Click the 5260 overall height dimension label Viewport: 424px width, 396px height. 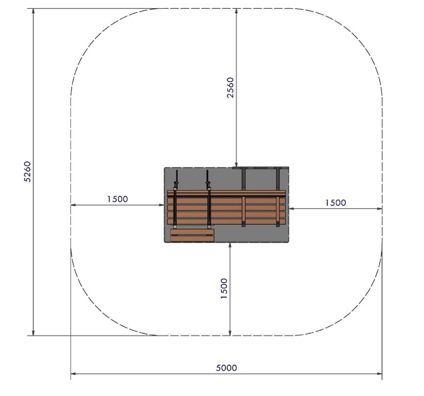click(28, 172)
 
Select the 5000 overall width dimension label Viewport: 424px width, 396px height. click(226, 368)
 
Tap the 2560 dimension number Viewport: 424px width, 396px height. click(230, 88)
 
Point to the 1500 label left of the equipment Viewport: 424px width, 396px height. click(118, 199)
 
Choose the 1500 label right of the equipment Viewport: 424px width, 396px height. click(335, 202)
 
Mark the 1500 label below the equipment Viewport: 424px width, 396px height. click(224, 288)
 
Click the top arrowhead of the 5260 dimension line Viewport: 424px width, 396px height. click(33, 11)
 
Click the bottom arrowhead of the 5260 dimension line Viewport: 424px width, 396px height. click(33, 332)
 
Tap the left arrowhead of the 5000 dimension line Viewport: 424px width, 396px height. click(74, 374)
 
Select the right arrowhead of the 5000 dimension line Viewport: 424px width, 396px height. click(379, 374)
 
